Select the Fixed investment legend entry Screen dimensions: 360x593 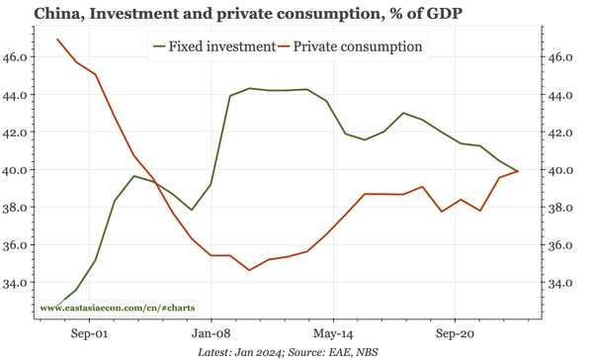pos(212,46)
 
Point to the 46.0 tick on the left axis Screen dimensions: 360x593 pos(17,57)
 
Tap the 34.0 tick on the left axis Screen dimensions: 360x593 pos(17,283)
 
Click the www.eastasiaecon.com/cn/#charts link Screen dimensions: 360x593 pos(117,308)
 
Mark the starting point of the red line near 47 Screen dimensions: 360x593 pos(57,40)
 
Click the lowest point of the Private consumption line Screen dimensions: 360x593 pos(250,270)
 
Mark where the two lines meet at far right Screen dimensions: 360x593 pos(518,172)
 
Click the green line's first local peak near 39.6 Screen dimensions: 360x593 pos(134,176)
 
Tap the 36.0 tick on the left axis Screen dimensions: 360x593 pos(17,245)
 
